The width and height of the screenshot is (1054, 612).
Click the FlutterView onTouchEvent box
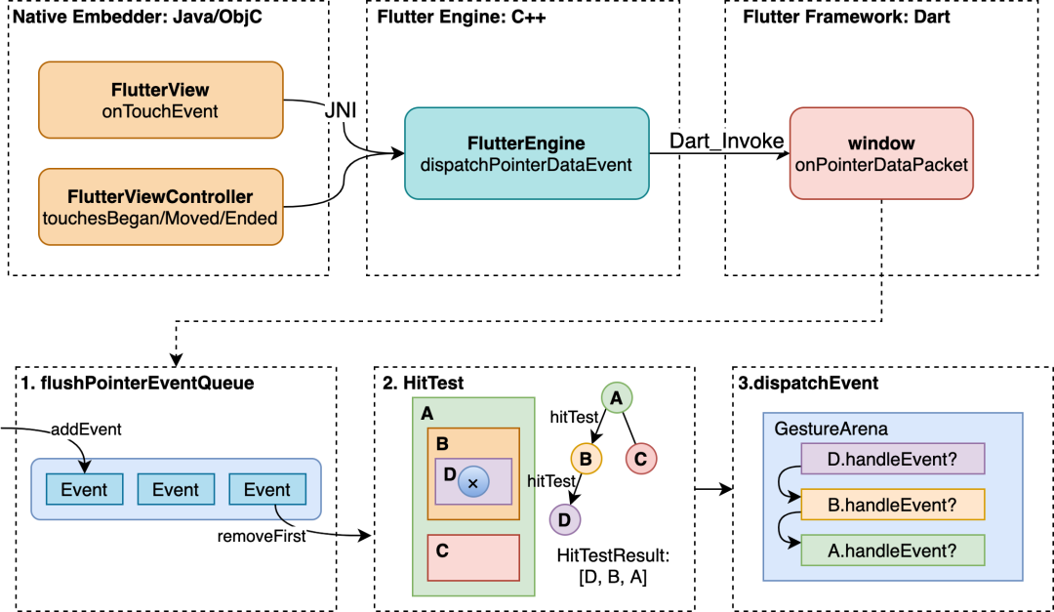coord(161,101)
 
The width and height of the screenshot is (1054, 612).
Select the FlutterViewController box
coord(161,207)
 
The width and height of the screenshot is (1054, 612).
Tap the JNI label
coord(341,111)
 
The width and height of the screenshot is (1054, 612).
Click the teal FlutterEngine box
coord(526,153)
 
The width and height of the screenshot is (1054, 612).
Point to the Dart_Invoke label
coord(726,142)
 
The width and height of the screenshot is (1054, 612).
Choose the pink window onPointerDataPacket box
coord(881,153)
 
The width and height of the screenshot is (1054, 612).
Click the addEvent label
coord(86,429)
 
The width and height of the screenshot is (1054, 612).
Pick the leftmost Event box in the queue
coord(84,490)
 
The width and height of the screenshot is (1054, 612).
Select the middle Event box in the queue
coord(176,490)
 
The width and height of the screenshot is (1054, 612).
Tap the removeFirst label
coord(262,536)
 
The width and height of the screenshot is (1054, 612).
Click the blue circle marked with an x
coord(473,482)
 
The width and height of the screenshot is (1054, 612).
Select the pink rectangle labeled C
coord(473,557)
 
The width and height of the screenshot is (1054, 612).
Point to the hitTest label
coord(575,417)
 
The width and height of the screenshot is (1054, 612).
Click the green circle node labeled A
coord(616,397)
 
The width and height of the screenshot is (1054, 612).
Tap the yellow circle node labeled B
coord(586,459)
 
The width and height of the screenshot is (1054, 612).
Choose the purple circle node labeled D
coord(565,520)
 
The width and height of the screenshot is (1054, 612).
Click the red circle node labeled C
coord(640,459)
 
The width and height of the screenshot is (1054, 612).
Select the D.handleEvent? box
coord(892,459)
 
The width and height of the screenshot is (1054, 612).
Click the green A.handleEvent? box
coord(892,551)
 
